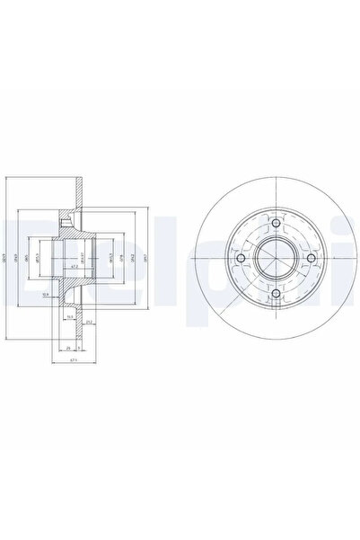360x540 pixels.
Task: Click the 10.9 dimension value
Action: click(x=45, y=294)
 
